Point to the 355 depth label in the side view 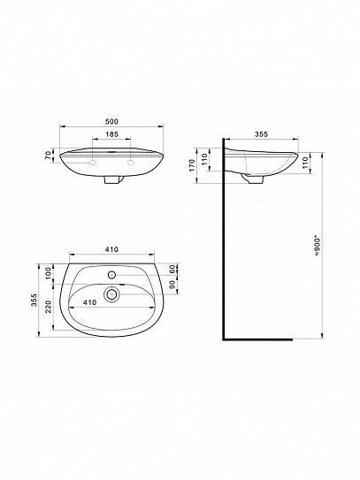261,135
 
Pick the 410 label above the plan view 111,250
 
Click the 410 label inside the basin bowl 89,301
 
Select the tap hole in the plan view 111,270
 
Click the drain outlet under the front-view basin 111,179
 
